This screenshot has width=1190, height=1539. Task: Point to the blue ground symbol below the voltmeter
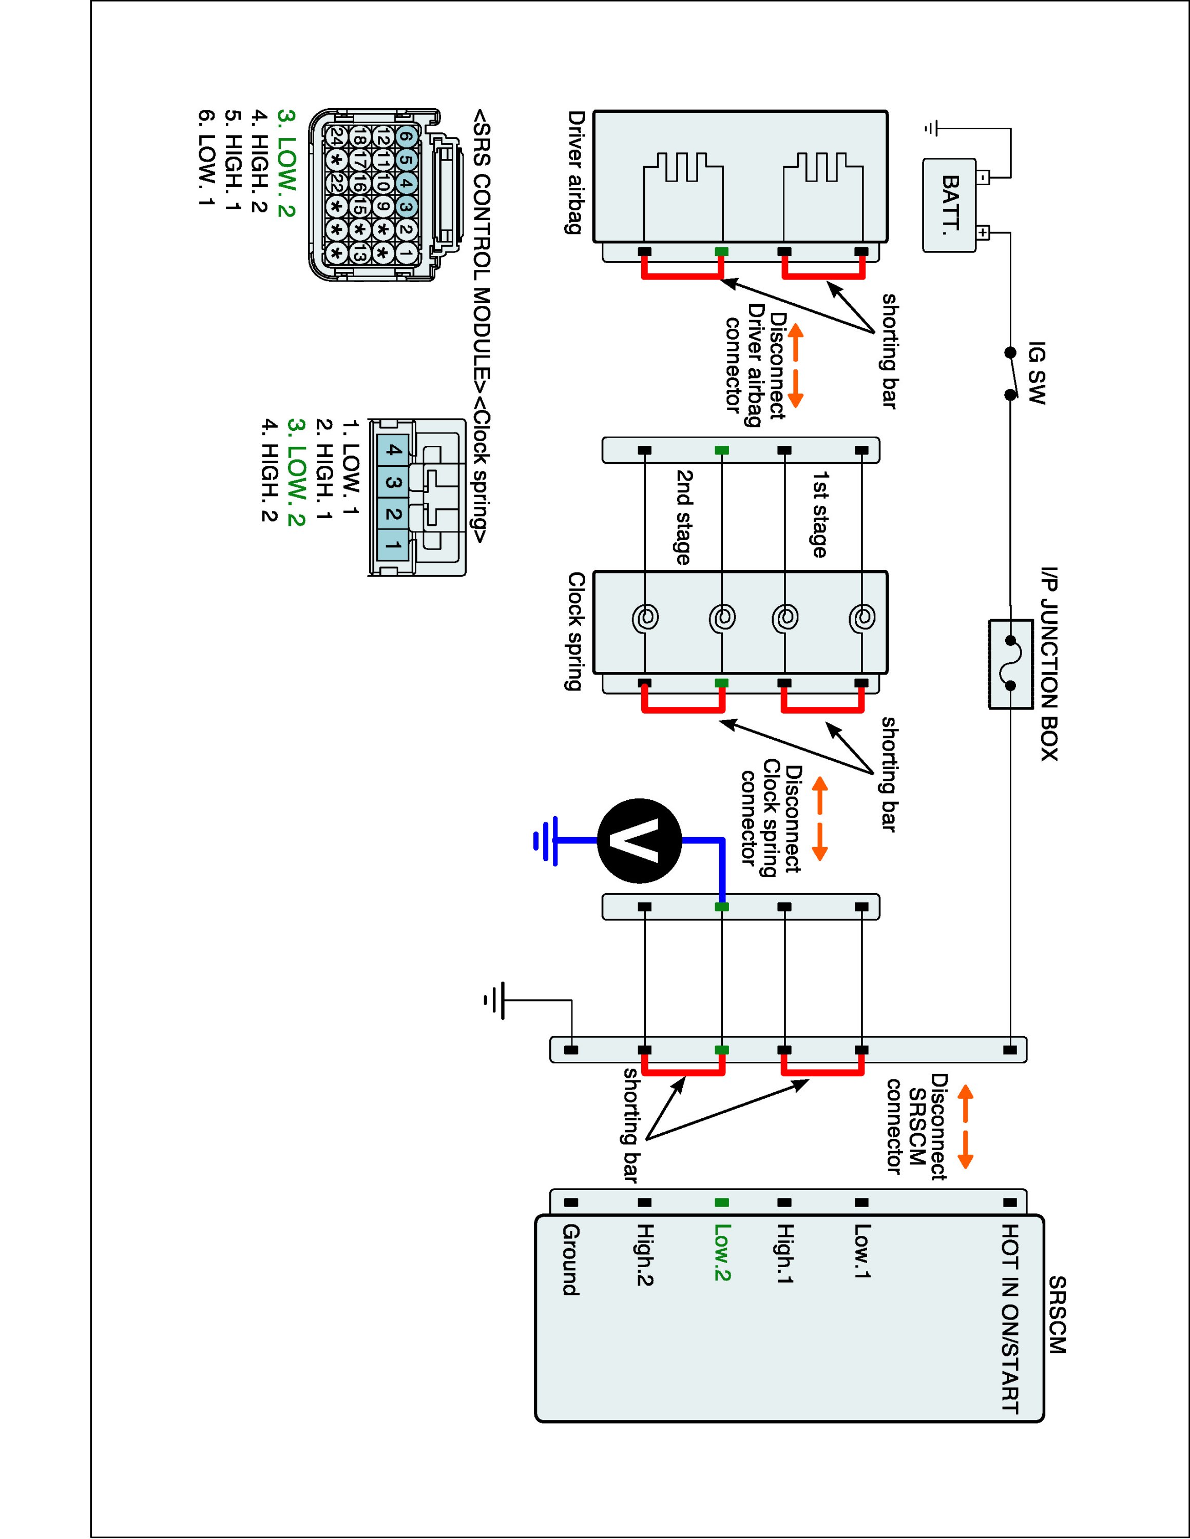[546, 841]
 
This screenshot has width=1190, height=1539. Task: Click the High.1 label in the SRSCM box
[784, 1262]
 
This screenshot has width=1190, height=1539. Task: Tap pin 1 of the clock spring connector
[393, 545]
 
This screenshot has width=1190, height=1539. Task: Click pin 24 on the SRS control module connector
[336, 140]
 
